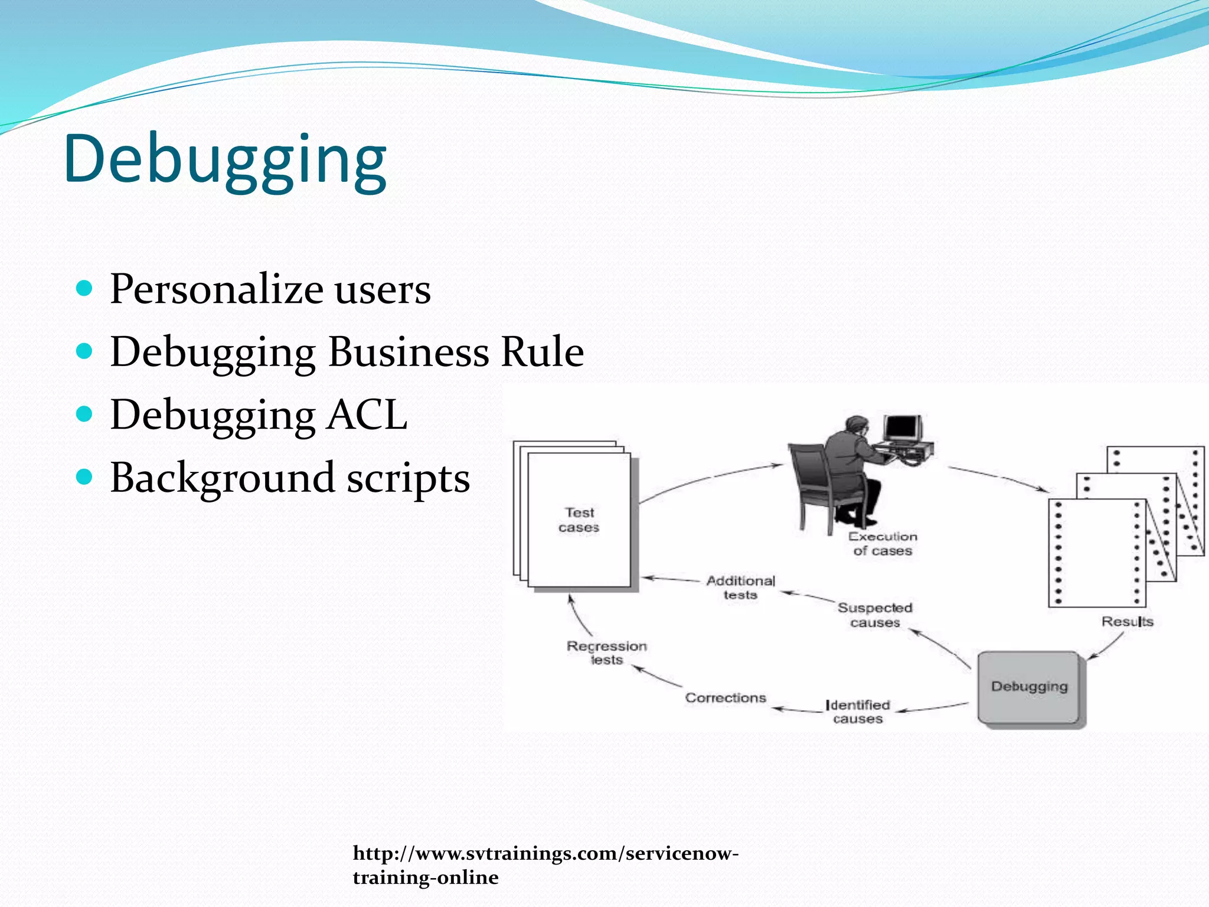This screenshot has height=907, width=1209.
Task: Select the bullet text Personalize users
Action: (x=270, y=289)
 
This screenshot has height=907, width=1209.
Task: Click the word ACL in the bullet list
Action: (x=367, y=415)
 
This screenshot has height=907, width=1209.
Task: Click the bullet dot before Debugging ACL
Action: (x=85, y=414)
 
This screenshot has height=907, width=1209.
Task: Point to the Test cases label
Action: (x=579, y=520)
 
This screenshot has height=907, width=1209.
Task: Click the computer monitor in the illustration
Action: (x=902, y=428)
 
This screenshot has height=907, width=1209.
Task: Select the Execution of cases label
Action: (x=883, y=544)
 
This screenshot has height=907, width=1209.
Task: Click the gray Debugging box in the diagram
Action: (x=1029, y=687)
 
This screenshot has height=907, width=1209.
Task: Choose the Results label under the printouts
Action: (x=1127, y=622)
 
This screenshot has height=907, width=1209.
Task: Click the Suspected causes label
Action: (x=875, y=615)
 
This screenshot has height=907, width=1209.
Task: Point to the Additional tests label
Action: (x=740, y=588)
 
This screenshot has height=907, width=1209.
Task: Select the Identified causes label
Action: (x=858, y=712)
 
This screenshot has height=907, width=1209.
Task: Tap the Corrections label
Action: (x=726, y=698)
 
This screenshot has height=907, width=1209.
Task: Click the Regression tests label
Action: (x=607, y=653)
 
